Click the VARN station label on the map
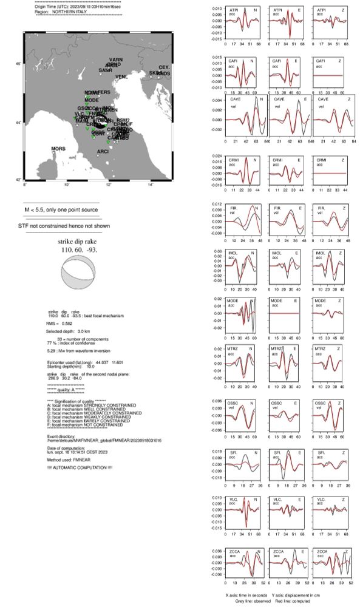(116, 59)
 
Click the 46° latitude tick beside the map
(19, 64)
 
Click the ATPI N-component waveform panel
(242, 23)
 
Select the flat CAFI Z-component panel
(328, 73)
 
